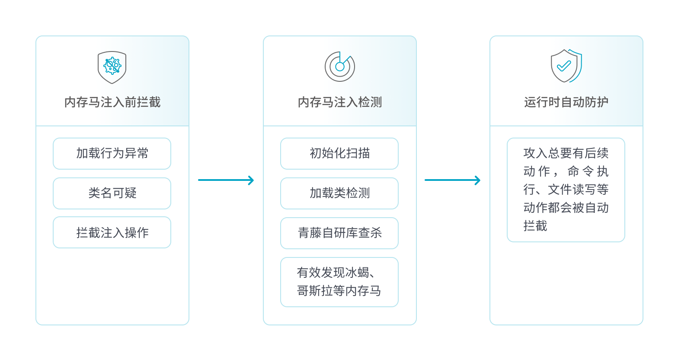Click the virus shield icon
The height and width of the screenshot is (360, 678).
pos(112,67)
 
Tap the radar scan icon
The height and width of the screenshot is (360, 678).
pos(340,67)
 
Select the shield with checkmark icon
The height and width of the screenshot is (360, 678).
pos(566,66)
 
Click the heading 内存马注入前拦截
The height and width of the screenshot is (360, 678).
pos(112,102)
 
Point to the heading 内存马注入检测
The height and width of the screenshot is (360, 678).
pos(340,102)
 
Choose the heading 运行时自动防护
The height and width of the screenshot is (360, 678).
pos(566,102)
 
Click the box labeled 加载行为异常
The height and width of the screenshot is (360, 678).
pos(112,154)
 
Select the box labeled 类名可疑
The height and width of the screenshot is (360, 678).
pos(112,193)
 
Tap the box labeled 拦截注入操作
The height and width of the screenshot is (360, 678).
pos(112,233)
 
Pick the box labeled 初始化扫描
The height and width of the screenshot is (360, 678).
pos(339,154)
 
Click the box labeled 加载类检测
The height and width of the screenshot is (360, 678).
pos(339,193)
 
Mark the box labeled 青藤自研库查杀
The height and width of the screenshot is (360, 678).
pos(339,233)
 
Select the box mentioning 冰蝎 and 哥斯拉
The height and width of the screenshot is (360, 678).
pos(339,282)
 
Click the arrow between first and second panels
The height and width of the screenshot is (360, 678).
pos(226,180)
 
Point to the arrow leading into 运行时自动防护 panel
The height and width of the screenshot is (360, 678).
pos(452,180)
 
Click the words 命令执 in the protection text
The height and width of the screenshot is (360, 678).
pos(588,172)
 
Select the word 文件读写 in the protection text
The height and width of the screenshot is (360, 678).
pos(572,190)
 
